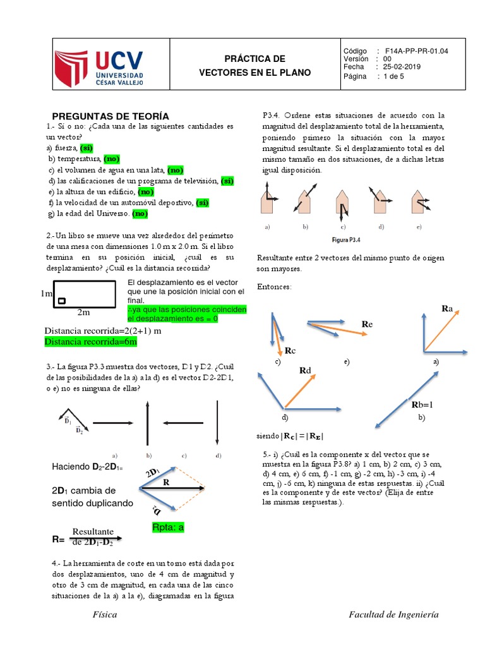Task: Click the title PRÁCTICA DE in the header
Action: tap(255, 59)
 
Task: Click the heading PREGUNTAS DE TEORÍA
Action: tap(110, 116)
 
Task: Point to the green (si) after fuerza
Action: tap(87, 147)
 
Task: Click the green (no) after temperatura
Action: tap(112, 159)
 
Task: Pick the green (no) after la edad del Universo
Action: tap(140, 214)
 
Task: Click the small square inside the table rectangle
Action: tap(61, 301)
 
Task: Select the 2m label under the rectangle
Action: tap(83, 312)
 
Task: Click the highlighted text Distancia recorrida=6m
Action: tap(90, 342)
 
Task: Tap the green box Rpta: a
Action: tap(168, 528)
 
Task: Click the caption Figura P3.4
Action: tap(345, 239)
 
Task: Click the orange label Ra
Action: tap(448, 308)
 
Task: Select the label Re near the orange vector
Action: tap(367, 323)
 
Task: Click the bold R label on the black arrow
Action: tap(167, 481)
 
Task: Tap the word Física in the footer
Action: tap(105, 615)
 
